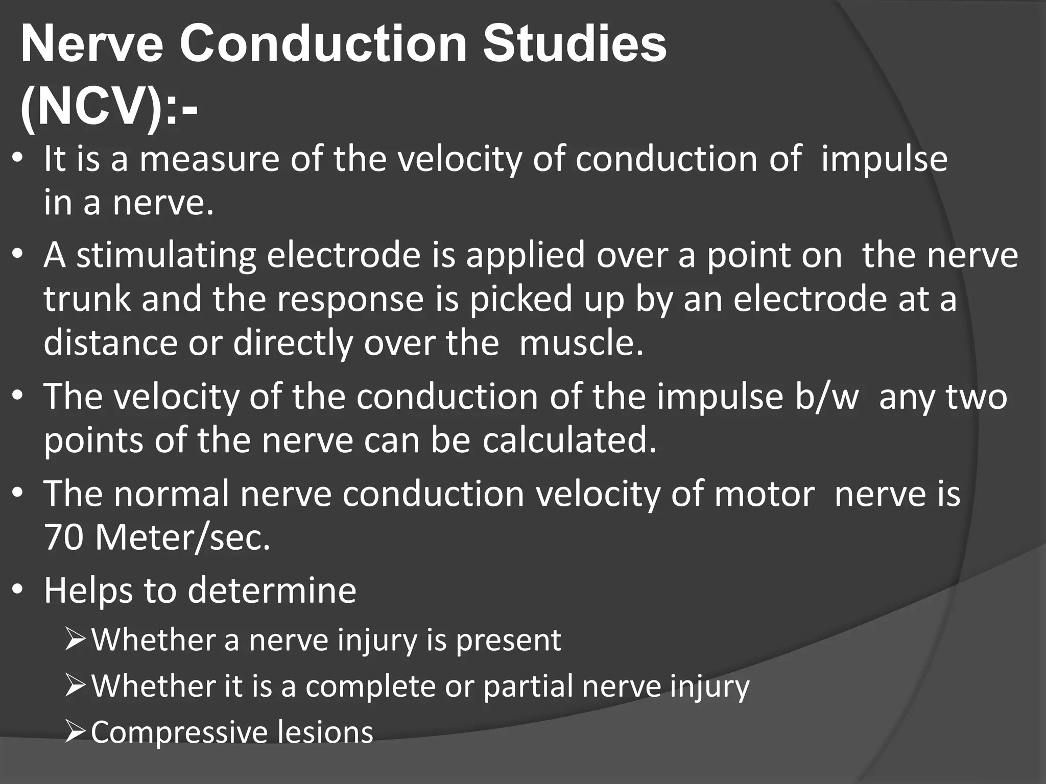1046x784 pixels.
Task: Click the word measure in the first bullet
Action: click(x=209, y=159)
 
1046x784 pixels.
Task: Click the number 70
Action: click(x=63, y=537)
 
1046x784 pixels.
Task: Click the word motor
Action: click(x=764, y=494)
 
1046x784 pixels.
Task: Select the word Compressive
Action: click(x=179, y=732)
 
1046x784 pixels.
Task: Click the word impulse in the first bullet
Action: click(x=884, y=159)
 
